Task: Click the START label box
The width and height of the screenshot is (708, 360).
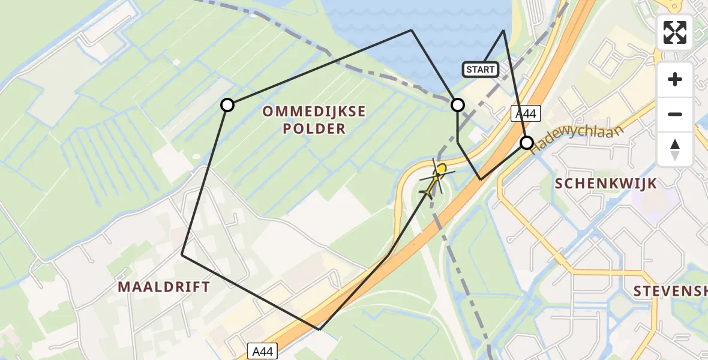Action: [x=481, y=70]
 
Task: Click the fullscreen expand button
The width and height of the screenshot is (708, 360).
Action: [x=675, y=32]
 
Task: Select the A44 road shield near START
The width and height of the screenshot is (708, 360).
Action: [x=526, y=113]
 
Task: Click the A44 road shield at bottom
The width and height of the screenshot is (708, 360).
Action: [x=262, y=351]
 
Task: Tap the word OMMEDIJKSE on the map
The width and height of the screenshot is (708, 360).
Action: [x=314, y=111]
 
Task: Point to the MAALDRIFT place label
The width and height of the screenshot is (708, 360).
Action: [x=164, y=287]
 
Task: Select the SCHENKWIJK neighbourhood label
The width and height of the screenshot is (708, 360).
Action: [x=607, y=184]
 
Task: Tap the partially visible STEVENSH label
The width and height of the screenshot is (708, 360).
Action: [x=670, y=292]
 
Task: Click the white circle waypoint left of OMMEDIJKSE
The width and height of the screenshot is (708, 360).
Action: [x=227, y=105]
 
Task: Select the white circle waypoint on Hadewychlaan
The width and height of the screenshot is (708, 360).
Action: [x=526, y=143]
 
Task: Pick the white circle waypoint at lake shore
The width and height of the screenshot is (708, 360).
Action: [x=458, y=105]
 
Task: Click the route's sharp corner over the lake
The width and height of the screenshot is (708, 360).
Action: [x=503, y=30]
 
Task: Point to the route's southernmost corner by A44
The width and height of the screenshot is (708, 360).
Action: [x=320, y=329]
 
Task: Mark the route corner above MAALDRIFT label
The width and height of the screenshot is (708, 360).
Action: [x=182, y=255]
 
